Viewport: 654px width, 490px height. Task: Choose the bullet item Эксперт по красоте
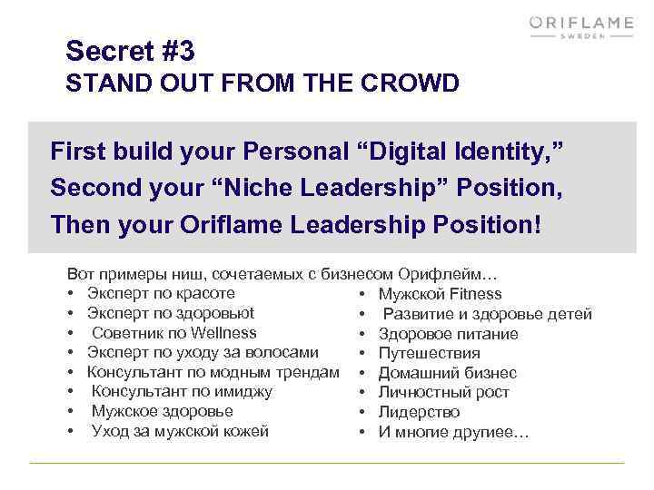coord(161,293)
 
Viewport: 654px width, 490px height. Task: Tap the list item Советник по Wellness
coord(173,333)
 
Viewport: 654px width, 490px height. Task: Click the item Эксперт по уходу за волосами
coord(203,352)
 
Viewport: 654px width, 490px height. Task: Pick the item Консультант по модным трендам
coord(213,372)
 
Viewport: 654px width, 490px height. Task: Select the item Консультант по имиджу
coord(182,391)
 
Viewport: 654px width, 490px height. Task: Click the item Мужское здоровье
coord(162,411)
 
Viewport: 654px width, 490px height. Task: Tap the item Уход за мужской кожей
coord(180,431)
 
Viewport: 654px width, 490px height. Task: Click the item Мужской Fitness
coord(440,294)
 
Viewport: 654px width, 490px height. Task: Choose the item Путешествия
coord(429,353)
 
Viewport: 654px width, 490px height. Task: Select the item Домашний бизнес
coord(447,373)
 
